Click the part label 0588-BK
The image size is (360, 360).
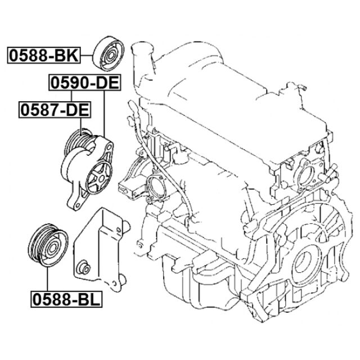[x=44, y=55]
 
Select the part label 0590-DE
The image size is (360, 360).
[x=85, y=83]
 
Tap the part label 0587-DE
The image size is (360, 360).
[x=55, y=110]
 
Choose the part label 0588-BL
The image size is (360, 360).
[x=66, y=299]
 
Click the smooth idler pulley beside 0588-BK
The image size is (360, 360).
[x=109, y=54]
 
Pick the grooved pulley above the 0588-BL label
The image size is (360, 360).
[x=48, y=245]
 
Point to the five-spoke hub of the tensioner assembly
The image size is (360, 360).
[x=99, y=177]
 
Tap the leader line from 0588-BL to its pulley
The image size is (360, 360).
[x=47, y=279]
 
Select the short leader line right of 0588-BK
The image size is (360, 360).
[x=87, y=55]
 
